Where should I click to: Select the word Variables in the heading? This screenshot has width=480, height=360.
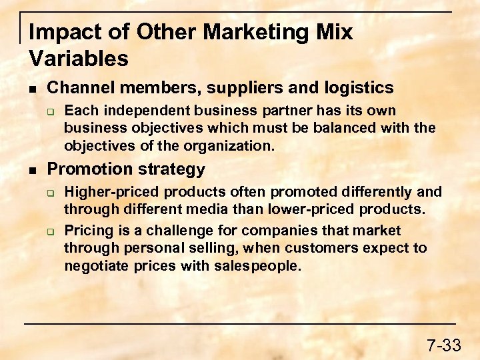pyautogui.click(x=79, y=59)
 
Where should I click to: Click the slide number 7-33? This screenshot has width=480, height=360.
pyautogui.click(x=443, y=345)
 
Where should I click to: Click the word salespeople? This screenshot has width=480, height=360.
pyautogui.click(x=262, y=267)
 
